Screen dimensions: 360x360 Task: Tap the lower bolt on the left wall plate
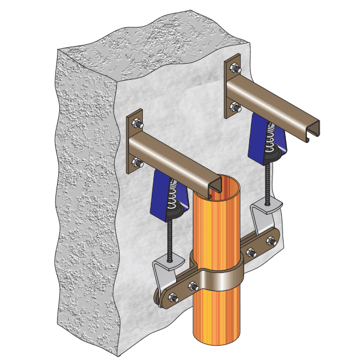pyautogui.click(x=137, y=163)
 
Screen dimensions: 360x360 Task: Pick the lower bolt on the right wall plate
pyautogui.click(x=233, y=106)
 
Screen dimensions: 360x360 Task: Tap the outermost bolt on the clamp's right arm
pyautogui.click(x=271, y=240)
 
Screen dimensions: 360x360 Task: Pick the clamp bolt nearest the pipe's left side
pyautogui.click(x=193, y=286)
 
